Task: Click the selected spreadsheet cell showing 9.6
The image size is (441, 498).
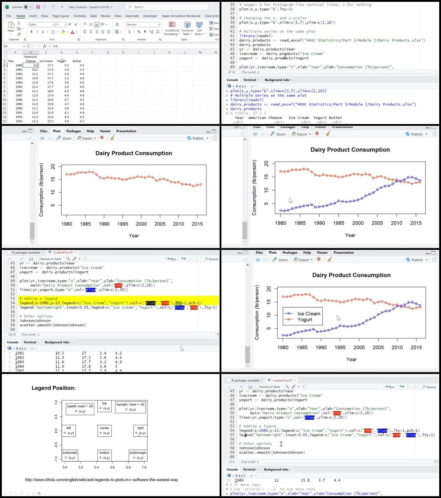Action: tap(31, 65)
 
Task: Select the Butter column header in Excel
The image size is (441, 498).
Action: tap(77, 61)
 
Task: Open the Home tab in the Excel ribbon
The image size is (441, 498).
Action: tap(21, 16)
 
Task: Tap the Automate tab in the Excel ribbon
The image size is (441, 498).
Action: tap(132, 16)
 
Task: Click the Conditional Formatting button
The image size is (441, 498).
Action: tap(172, 28)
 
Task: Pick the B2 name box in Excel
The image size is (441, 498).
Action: tap(13, 46)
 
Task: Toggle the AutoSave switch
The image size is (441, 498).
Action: tap(28, 7)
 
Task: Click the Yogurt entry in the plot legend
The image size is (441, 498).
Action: tap(305, 320)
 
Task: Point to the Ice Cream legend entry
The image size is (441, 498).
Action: tap(309, 314)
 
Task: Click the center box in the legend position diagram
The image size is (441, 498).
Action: tap(105, 431)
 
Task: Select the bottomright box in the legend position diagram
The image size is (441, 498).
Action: tap(138, 455)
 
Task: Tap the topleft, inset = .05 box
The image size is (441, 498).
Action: tap(80, 408)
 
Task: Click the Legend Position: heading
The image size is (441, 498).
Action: tap(54, 388)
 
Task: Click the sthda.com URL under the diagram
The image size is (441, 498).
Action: tap(102, 480)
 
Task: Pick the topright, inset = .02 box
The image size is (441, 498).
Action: tap(130, 407)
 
